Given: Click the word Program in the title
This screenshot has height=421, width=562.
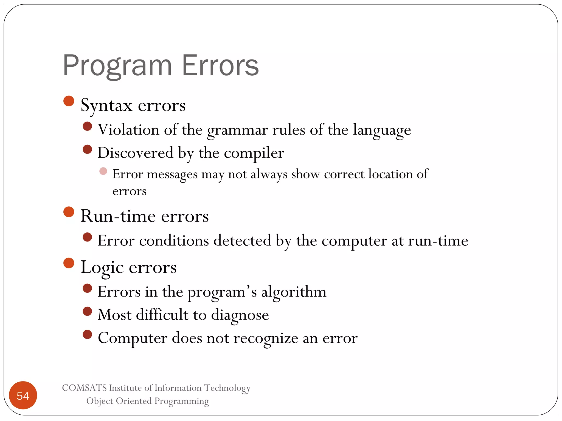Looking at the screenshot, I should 117,66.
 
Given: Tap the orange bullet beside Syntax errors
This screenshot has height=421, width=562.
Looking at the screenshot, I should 69,101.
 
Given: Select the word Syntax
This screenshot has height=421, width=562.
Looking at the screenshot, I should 106,106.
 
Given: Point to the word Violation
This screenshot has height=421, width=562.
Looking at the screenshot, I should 128,130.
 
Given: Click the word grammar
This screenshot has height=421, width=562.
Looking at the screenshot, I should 237,130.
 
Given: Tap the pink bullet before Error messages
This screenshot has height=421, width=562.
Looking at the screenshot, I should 103,171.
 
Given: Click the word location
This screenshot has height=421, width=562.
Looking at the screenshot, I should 390,174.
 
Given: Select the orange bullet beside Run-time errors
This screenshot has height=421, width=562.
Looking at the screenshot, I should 69,212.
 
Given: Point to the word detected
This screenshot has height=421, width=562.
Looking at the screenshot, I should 242,241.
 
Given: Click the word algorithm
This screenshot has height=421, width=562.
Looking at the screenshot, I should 294,292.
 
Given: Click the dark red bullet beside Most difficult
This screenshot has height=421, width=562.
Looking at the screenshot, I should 87,311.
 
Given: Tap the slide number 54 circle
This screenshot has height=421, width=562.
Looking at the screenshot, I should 23,395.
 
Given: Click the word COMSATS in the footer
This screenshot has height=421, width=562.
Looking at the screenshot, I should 84,388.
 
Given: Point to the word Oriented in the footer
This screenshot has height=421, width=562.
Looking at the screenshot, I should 134,401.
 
